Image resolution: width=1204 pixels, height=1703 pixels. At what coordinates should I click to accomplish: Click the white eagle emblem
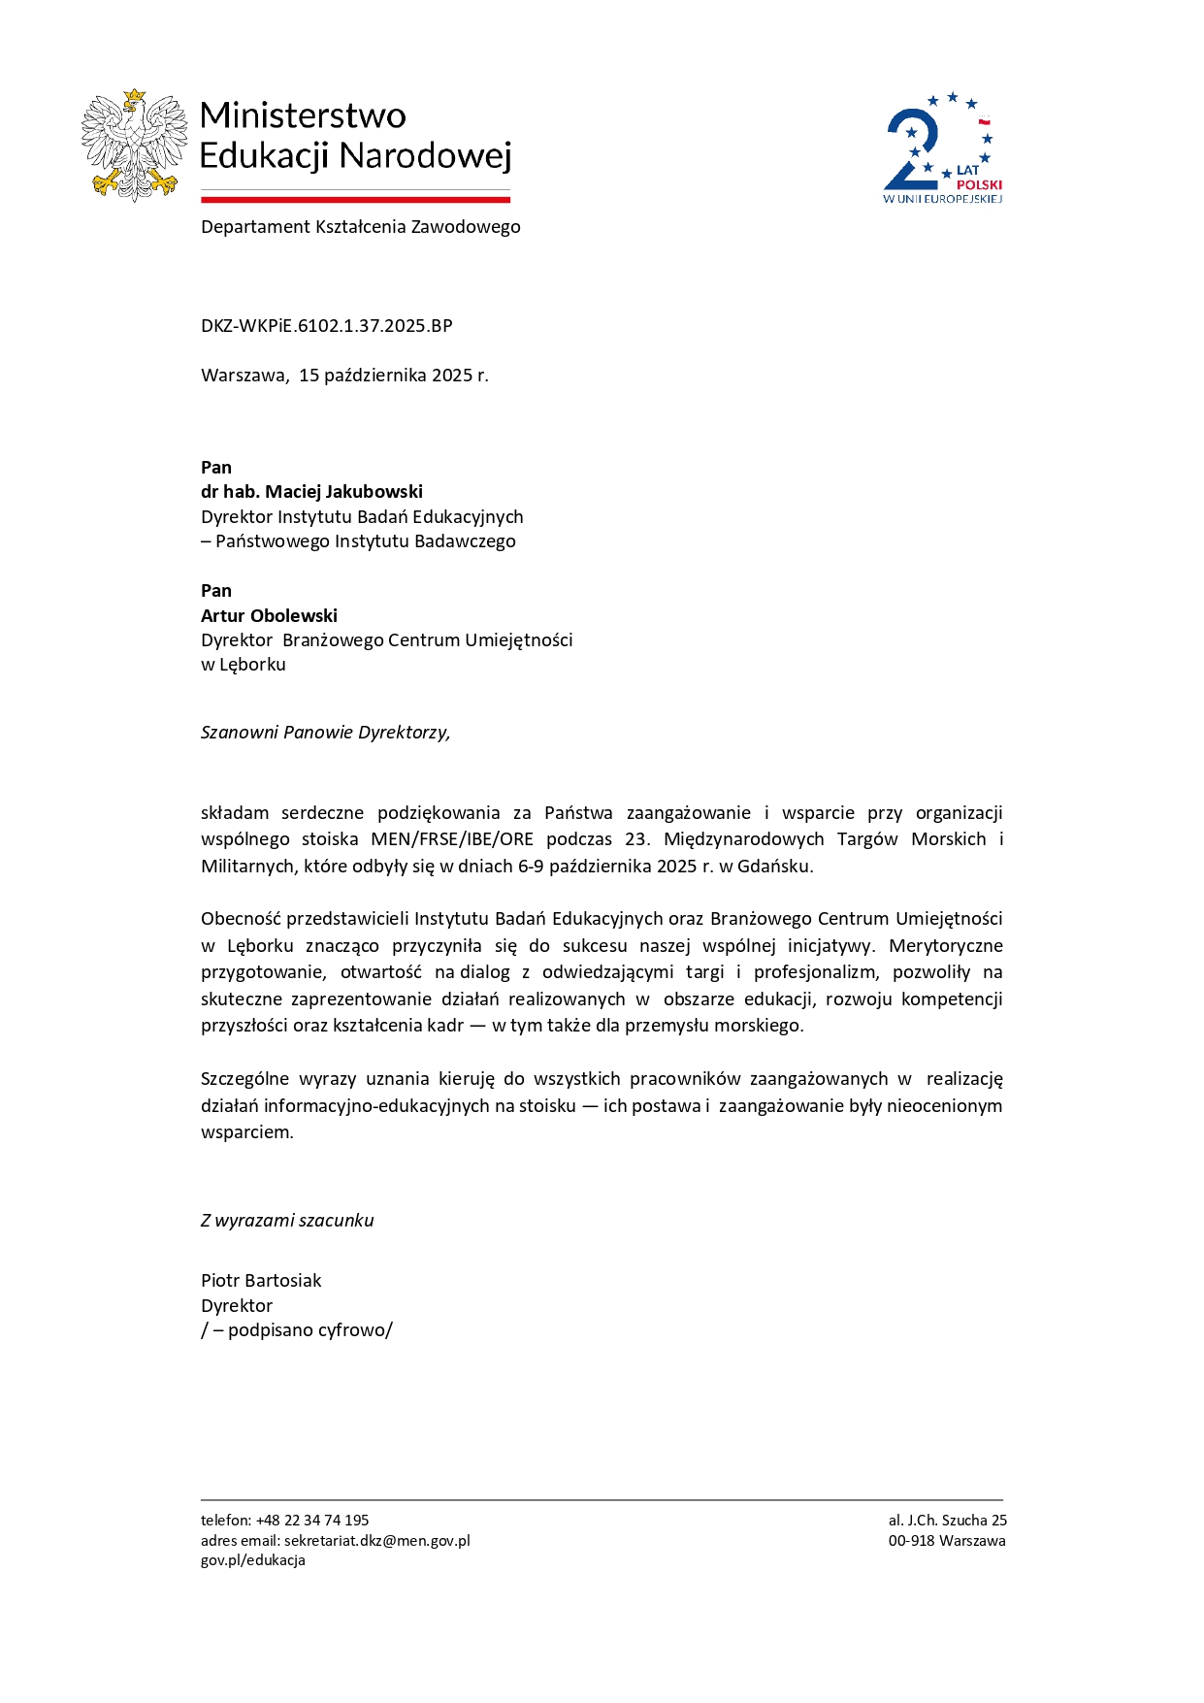click(134, 145)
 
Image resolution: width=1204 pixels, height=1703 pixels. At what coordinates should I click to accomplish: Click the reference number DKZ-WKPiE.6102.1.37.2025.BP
click(326, 326)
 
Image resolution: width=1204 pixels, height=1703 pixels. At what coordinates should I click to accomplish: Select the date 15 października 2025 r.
click(393, 376)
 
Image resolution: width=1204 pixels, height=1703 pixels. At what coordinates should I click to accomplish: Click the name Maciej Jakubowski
click(343, 492)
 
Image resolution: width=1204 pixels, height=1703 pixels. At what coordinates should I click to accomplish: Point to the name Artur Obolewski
click(269, 615)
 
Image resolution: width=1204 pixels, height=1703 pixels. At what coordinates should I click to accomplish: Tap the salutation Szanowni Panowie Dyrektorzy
click(325, 733)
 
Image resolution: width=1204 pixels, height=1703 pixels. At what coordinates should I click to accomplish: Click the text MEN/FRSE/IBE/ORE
click(452, 839)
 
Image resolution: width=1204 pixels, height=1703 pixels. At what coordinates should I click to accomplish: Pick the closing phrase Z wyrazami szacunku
click(287, 1221)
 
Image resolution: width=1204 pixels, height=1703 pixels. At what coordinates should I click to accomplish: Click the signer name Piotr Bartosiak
click(261, 1281)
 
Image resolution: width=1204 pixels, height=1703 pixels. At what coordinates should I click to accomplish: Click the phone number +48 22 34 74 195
click(312, 1521)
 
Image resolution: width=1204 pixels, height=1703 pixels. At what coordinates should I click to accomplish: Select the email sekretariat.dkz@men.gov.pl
click(376, 1541)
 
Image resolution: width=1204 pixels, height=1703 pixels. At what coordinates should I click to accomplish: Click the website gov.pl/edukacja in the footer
click(253, 1560)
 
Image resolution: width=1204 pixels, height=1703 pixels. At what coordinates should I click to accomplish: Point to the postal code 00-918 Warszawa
click(947, 1541)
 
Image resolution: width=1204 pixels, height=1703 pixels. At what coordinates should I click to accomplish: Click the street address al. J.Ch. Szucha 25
click(948, 1521)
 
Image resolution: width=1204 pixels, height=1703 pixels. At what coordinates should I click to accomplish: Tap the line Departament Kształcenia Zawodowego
click(360, 227)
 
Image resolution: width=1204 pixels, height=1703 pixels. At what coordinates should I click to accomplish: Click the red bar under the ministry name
click(355, 200)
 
